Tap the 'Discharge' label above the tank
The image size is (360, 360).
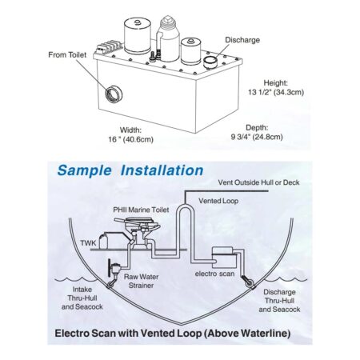242,39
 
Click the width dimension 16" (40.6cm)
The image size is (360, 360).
142,134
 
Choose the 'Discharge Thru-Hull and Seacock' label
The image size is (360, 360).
285,300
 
